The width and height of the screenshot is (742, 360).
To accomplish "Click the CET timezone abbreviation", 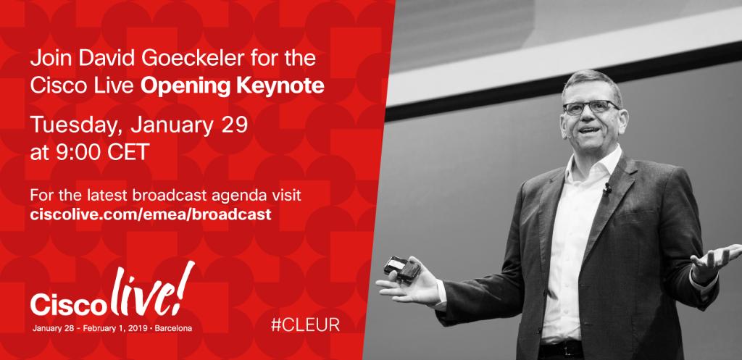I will (136, 153).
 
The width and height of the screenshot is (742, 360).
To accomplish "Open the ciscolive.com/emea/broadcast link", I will (151, 214).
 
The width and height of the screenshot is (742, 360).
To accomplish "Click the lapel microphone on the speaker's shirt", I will (607, 190).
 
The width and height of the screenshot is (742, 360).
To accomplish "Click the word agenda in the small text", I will (225, 196).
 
